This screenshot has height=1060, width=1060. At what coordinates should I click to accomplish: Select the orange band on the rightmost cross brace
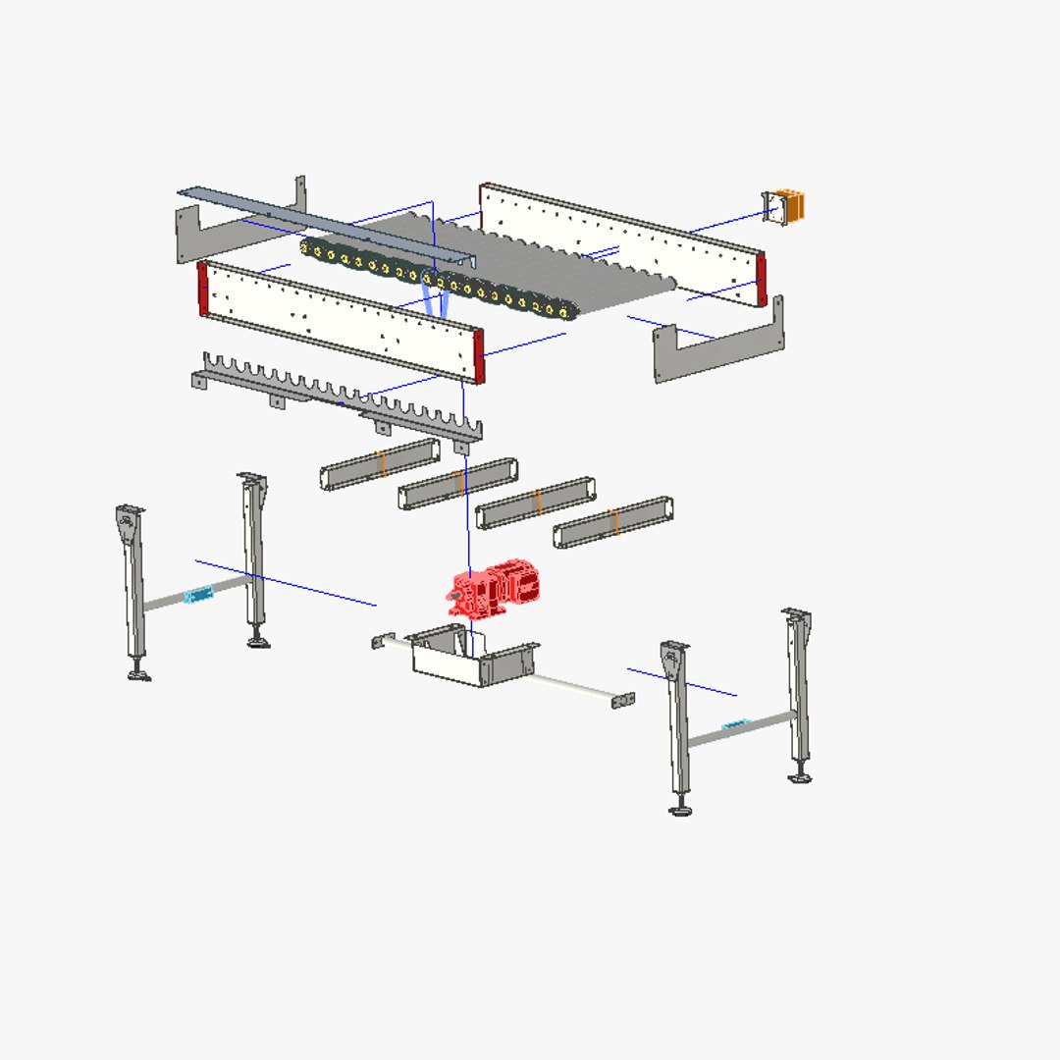[x=614, y=521]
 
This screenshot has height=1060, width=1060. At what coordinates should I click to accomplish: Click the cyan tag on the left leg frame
[x=199, y=594]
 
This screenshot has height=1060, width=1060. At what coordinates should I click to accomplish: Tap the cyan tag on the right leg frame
[x=735, y=725]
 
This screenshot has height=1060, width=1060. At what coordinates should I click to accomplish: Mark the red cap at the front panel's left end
[x=203, y=289]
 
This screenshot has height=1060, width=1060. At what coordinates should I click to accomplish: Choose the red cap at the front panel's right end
[x=479, y=355]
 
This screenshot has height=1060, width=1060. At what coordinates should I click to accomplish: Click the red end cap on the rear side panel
[x=762, y=279]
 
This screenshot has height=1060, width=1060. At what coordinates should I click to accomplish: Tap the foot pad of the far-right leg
[x=801, y=778]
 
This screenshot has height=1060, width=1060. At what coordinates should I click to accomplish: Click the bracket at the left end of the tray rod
[x=378, y=642]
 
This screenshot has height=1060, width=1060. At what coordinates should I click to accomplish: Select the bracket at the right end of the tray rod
[x=623, y=700]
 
